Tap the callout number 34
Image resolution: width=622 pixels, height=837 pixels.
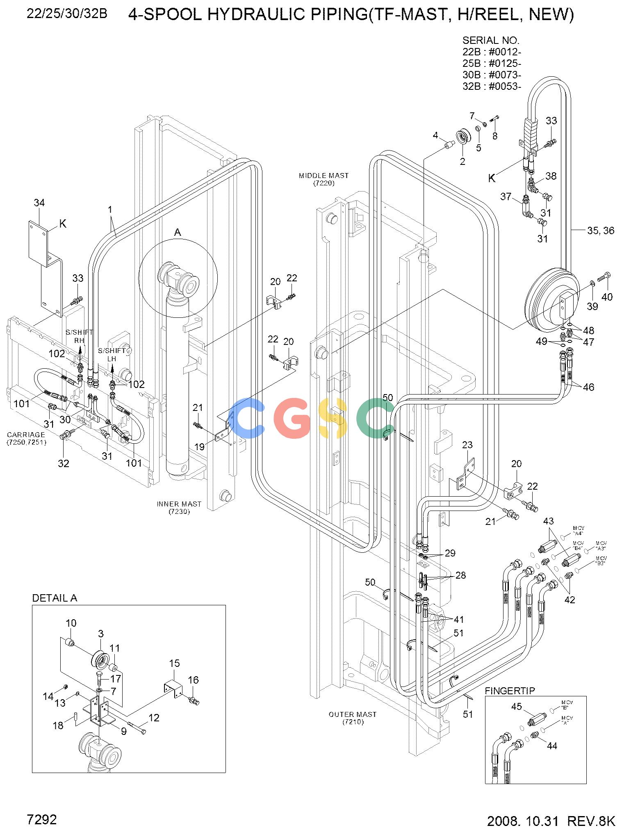[x=39, y=203]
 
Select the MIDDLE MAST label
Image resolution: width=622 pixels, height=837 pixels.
[x=324, y=179]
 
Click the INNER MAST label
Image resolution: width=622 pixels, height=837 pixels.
[x=179, y=507]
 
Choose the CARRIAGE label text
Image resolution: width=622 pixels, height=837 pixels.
[x=26, y=438]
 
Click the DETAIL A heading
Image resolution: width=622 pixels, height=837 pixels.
[x=55, y=598]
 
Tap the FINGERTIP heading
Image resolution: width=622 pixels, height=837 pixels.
[x=510, y=691]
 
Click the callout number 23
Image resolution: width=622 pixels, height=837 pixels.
[x=467, y=445]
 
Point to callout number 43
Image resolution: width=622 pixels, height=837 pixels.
[x=548, y=521]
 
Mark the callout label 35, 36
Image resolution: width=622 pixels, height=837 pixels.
[x=601, y=231]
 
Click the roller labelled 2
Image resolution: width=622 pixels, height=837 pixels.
[x=463, y=137]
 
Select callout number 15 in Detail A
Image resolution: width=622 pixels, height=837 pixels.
[x=174, y=663]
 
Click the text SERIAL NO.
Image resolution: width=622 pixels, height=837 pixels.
[x=491, y=41]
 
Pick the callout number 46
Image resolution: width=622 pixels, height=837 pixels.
[x=588, y=387]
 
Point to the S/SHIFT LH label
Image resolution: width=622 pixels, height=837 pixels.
[x=112, y=355]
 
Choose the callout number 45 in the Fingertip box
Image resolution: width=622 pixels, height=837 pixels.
[x=516, y=706]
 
